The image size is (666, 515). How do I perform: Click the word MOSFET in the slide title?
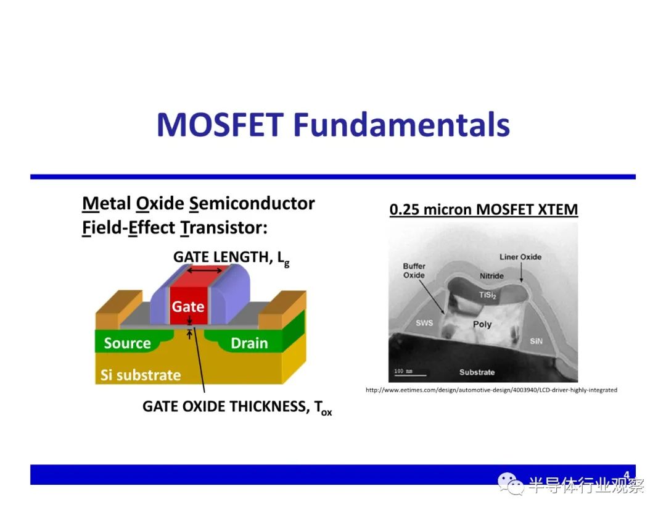click(x=220, y=125)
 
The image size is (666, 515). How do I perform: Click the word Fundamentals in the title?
click(x=401, y=125)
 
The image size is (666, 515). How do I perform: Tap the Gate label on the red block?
click(x=187, y=307)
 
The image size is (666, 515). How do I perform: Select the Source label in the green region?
click(x=128, y=343)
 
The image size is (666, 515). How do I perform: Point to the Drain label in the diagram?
click(x=249, y=343)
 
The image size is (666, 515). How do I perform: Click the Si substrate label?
click(x=141, y=375)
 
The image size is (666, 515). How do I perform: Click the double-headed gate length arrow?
click(x=205, y=270)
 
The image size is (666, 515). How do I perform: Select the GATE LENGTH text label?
click(x=231, y=257)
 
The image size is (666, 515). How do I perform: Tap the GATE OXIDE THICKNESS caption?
click(x=237, y=407)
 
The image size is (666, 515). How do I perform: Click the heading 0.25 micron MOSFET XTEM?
click(x=484, y=210)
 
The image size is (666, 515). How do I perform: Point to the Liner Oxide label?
click(x=520, y=257)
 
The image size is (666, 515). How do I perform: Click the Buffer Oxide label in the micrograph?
click(x=414, y=270)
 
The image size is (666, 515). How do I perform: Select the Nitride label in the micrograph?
click(x=491, y=276)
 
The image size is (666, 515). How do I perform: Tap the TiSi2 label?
click(x=487, y=295)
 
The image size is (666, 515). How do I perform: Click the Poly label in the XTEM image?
click(x=482, y=324)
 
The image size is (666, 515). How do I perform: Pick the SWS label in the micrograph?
click(x=424, y=323)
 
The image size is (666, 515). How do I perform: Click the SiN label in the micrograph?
click(x=536, y=341)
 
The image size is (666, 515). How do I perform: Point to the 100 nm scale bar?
click(x=410, y=375)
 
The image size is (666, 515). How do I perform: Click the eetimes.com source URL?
click(x=491, y=390)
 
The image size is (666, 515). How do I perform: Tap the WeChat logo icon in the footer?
click(x=511, y=484)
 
